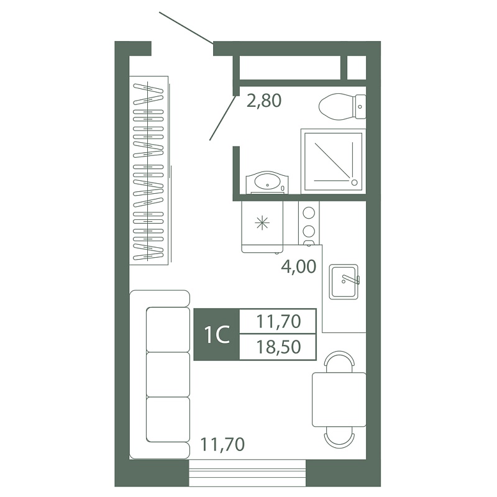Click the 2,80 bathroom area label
click(x=264, y=101)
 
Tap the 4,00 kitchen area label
click(x=299, y=267)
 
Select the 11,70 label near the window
click(x=222, y=444)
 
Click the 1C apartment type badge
click(x=217, y=335)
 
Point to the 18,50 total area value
click(x=278, y=347)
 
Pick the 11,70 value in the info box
click(x=278, y=321)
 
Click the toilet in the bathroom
click(x=342, y=106)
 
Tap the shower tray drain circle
click(x=354, y=182)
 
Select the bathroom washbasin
click(x=268, y=182)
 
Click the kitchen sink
click(x=344, y=282)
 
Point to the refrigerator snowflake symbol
click(x=262, y=223)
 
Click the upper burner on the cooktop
click(x=309, y=212)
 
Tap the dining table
click(x=339, y=399)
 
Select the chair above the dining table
click(x=339, y=362)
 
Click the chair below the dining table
click(x=339, y=438)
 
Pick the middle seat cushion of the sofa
click(x=168, y=374)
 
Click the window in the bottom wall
click(x=247, y=473)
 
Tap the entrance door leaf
click(x=186, y=28)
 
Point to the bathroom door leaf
click(x=222, y=117)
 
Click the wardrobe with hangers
click(x=148, y=170)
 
